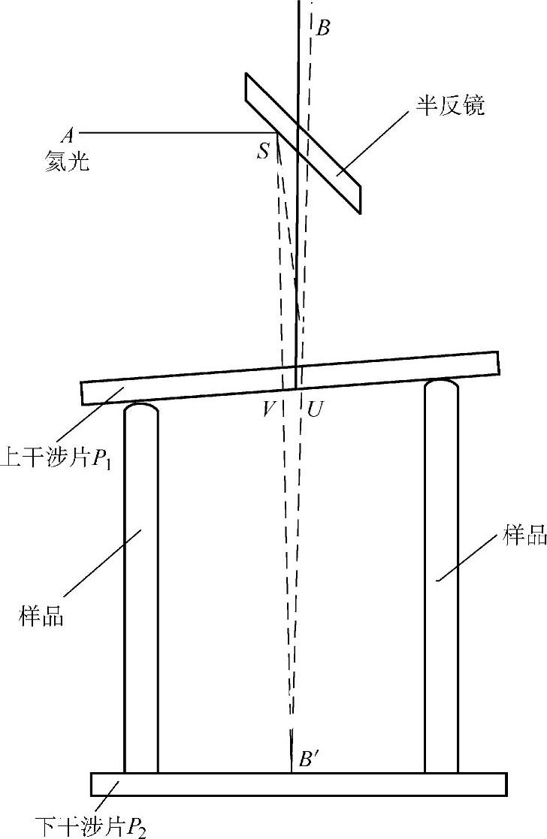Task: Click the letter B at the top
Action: pyautogui.click(x=322, y=29)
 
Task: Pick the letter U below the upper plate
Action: pyautogui.click(x=314, y=409)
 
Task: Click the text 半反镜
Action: pyautogui.click(x=452, y=106)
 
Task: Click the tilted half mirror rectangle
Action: pyautogui.click(x=303, y=143)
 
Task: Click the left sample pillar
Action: pyautogui.click(x=141, y=586)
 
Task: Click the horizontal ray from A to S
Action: pyautogui.click(x=180, y=134)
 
